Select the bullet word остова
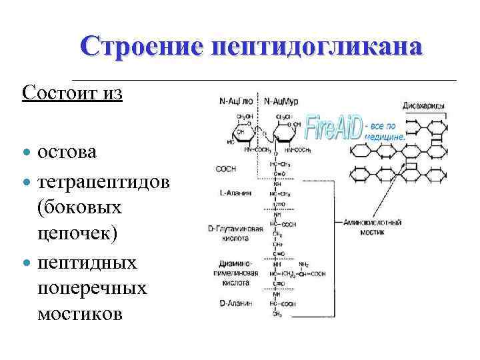point(67,152)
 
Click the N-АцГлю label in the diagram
point(237,102)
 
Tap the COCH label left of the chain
point(226,169)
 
